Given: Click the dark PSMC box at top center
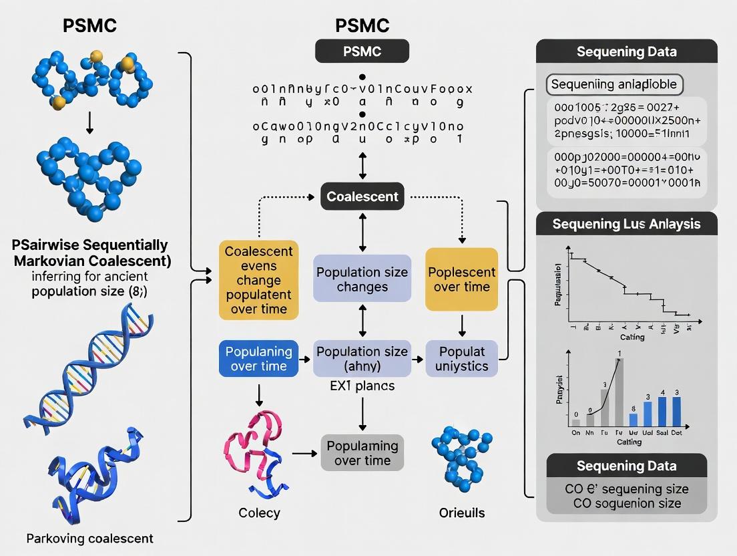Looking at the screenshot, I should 362,51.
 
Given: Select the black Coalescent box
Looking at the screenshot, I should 362,196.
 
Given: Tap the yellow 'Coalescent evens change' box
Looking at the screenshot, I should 258,280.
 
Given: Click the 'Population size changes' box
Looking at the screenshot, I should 362,279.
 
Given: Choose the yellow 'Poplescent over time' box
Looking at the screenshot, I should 462,279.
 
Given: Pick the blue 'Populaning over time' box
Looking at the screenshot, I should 259,359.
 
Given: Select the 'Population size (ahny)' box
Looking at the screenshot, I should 362,359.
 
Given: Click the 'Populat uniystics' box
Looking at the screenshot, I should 462,359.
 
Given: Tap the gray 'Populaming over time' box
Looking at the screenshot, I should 362,452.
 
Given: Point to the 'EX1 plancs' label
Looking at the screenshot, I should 362,386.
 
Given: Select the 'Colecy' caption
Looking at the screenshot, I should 259,513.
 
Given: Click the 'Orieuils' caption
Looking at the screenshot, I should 462,513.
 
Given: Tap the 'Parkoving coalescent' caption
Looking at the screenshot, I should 90,538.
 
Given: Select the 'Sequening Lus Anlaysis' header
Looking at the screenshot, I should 627,224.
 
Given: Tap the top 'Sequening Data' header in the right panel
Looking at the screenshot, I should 627,51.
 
